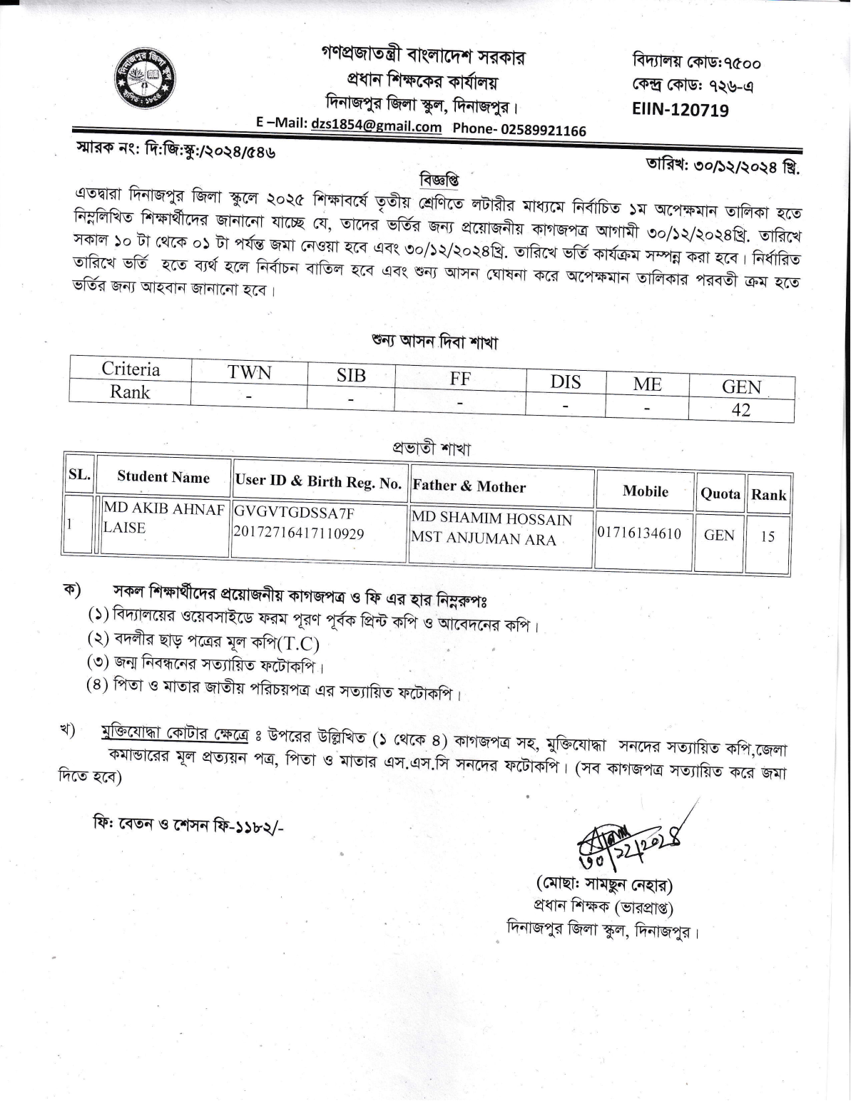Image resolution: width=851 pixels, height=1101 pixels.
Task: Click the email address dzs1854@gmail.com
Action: tap(377, 126)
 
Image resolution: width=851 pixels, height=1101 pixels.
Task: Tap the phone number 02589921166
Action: tap(544, 130)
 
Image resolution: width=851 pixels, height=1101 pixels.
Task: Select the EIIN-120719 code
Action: tap(680, 110)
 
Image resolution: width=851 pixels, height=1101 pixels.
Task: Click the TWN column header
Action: tap(249, 373)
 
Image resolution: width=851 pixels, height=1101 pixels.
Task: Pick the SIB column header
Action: tap(351, 376)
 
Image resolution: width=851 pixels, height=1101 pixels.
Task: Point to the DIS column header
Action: tap(565, 381)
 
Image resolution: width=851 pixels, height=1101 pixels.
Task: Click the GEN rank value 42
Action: tap(741, 409)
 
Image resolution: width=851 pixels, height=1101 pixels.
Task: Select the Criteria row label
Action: tap(131, 369)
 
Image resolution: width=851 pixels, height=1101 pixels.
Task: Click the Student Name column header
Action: tap(163, 477)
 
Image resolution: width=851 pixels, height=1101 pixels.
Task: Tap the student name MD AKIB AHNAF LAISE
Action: tap(163, 518)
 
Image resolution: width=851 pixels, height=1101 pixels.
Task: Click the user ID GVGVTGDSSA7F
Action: tap(294, 513)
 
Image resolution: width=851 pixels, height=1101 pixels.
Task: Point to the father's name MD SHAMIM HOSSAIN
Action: tap(491, 519)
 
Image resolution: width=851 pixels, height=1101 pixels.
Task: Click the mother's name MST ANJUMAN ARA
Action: tap(483, 538)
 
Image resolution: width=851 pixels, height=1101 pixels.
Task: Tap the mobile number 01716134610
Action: tap(639, 533)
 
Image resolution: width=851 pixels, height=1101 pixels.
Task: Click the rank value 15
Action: tap(767, 536)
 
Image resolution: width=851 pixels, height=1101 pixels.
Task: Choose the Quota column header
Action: tap(720, 494)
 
